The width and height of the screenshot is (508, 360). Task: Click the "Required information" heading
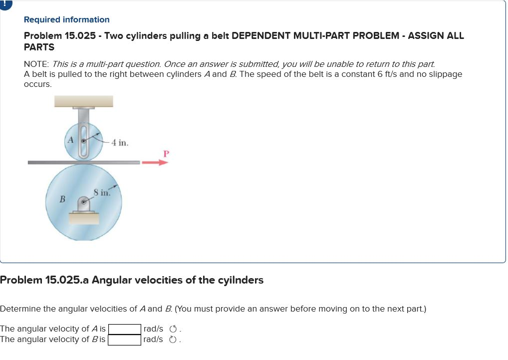(66, 19)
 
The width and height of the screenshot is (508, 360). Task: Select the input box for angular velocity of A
(124, 329)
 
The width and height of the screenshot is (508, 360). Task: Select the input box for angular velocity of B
(124, 340)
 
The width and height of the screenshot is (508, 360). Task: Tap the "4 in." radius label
(120, 143)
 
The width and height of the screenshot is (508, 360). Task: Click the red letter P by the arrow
(166, 153)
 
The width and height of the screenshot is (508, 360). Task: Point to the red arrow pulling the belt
(154, 162)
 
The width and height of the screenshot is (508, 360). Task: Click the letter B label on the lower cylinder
(63, 199)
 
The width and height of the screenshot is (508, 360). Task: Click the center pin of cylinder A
(84, 141)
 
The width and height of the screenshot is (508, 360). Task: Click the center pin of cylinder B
(84, 203)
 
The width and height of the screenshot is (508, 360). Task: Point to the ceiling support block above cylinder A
(84, 101)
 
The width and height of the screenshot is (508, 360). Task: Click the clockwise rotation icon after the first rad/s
(173, 329)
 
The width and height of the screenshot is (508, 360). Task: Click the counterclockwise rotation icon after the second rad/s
(173, 340)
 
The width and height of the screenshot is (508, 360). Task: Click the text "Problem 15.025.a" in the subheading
(44, 280)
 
